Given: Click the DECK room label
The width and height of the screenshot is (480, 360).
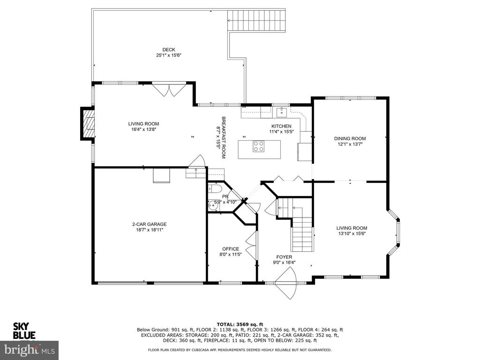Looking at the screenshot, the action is click(x=169, y=50).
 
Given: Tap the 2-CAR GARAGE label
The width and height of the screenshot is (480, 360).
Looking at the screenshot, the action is click(x=150, y=224).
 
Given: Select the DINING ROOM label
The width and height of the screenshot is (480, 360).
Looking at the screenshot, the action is click(x=350, y=138).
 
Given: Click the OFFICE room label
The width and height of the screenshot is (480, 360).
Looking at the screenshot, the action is click(x=231, y=249).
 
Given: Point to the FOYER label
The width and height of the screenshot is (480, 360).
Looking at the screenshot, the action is click(x=284, y=257).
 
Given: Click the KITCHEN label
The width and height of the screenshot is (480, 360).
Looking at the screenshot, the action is click(x=281, y=126).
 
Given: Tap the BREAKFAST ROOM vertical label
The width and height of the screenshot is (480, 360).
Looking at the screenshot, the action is click(x=224, y=137).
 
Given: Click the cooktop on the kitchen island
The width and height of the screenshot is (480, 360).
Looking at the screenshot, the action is click(x=259, y=146).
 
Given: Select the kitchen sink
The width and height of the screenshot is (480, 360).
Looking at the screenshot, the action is click(x=282, y=112).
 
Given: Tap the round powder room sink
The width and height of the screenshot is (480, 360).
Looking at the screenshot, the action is click(x=213, y=205).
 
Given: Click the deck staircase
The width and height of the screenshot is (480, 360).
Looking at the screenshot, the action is click(x=256, y=21).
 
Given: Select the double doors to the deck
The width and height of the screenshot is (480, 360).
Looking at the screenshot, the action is click(x=169, y=90).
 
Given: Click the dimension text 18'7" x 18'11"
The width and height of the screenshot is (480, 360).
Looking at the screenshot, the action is click(x=150, y=230).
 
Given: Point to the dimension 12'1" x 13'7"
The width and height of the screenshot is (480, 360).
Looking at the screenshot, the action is click(x=350, y=144).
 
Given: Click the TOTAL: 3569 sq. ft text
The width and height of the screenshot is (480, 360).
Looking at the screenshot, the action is click(x=240, y=324).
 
